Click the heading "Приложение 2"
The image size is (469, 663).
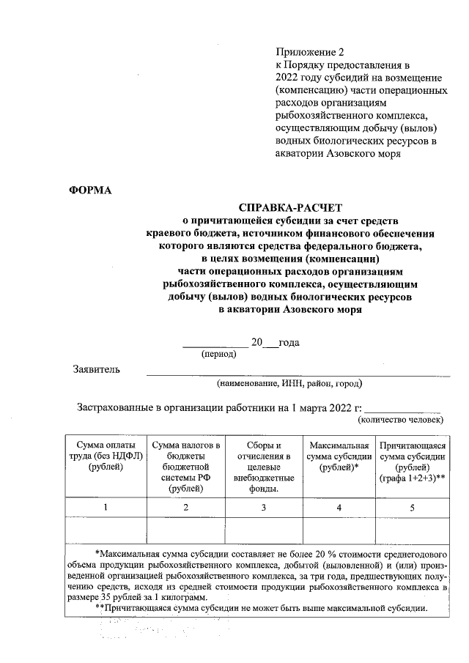(309, 52)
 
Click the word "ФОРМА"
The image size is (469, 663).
(90, 190)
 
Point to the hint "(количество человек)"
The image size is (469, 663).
(400, 421)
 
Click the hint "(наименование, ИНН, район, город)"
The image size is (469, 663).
(289, 382)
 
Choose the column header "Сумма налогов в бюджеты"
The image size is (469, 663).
(185, 467)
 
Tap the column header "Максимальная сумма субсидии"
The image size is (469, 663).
(339, 456)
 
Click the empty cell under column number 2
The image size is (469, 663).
(185, 530)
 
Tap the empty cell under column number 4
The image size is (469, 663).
(339, 530)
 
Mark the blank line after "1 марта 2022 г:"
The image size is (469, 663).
(402, 408)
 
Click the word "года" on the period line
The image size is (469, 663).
(289, 343)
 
